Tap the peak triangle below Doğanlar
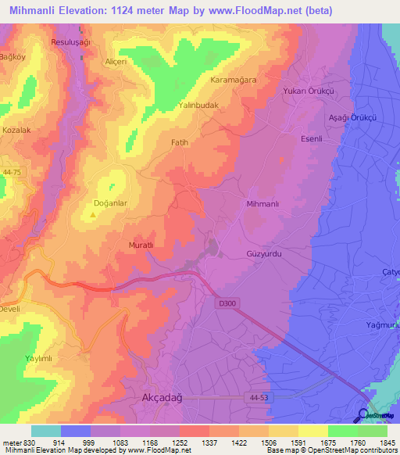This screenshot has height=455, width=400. pos(93,214)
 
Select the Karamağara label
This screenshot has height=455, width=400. pos(234,80)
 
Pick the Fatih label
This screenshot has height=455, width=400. pos(180,142)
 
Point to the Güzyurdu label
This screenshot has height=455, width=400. pos(262,254)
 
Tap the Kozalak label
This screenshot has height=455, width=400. pos(16,130)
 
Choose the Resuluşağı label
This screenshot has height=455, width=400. pos(71,41)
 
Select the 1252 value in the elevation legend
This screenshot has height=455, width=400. pos(180,442)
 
